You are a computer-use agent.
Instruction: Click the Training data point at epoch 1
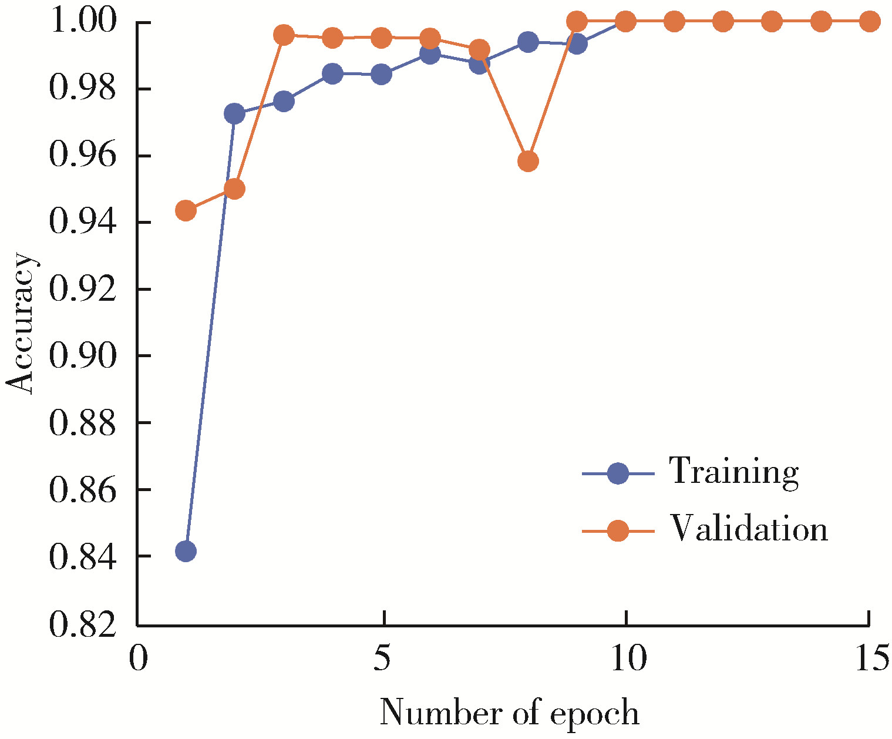tap(186, 551)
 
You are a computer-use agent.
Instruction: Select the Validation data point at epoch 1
tap(186, 210)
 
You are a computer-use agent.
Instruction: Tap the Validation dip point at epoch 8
tap(528, 161)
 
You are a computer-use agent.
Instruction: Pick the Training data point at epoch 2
tap(234, 113)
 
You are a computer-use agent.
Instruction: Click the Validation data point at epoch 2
tap(234, 189)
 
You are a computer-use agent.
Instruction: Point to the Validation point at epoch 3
tap(284, 35)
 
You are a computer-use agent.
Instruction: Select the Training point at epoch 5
tap(382, 75)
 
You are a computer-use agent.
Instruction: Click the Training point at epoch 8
tap(528, 42)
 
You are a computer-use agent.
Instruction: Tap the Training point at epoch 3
tap(284, 101)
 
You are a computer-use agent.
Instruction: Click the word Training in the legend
tap(734, 471)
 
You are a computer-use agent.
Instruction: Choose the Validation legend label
tap(749, 529)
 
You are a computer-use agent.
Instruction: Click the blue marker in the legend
tap(618, 473)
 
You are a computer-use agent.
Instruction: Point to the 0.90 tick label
tap(82, 356)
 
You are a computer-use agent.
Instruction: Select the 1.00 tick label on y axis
tap(82, 23)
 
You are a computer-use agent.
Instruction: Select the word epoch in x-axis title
tap(594, 714)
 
